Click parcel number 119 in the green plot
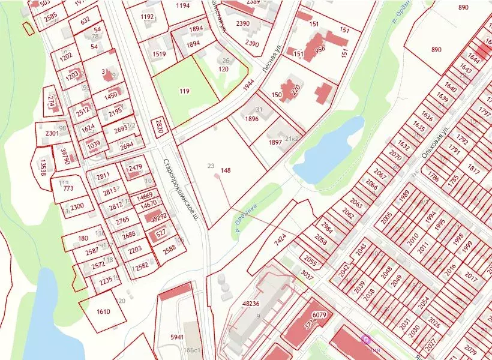pyautogui.click(x=184, y=91)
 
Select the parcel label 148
pyautogui.click(x=226, y=170)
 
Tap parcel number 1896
pyautogui.click(x=251, y=119)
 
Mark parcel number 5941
pyautogui.click(x=177, y=337)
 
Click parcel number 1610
pyautogui.click(x=103, y=311)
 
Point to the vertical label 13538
pyautogui.click(x=43, y=163)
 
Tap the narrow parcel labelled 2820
pyautogui.click(x=159, y=126)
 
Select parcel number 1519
pyautogui.click(x=160, y=54)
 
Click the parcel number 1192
pyautogui.click(x=147, y=17)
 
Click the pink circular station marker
pyautogui.click(x=365, y=340)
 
